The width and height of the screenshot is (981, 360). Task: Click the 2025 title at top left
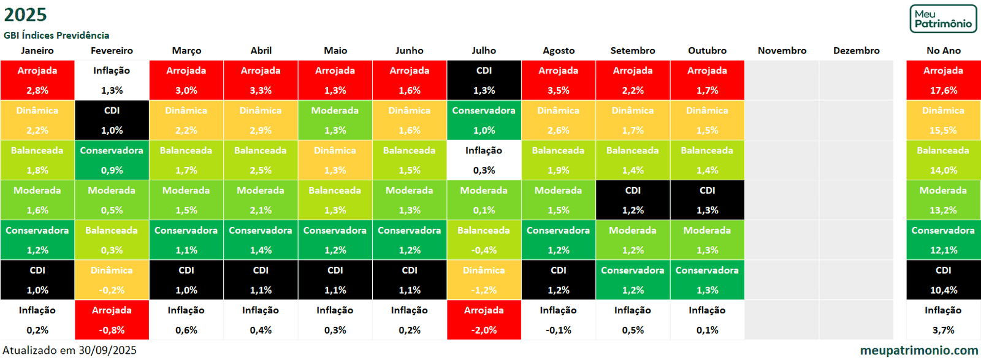[x=25, y=14]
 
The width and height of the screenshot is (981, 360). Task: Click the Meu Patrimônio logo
[x=943, y=19]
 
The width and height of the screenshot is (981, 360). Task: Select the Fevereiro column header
[x=112, y=50]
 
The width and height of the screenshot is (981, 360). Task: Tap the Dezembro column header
[x=856, y=50]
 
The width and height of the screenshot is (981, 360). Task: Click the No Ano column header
[x=943, y=50]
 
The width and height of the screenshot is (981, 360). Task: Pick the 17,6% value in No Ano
[x=943, y=90]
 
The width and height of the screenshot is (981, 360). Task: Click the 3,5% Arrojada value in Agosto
[x=558, y=90]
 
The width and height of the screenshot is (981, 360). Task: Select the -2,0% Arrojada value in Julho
[x=484, y=330]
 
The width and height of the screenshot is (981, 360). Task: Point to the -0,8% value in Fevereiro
[x=112, y=330]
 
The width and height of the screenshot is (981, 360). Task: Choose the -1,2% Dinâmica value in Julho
[x=484, y=290]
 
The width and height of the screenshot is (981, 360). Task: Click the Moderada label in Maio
[x=335, y=110]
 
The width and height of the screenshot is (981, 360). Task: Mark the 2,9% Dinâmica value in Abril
[x=261, y=130]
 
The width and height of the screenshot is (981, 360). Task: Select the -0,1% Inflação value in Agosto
[x=558, y=330]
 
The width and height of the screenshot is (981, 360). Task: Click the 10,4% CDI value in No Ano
[x=943, y=290]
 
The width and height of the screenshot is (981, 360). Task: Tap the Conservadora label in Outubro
[x=707, y=270]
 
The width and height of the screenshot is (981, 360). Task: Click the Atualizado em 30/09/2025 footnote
[x=69, y=350]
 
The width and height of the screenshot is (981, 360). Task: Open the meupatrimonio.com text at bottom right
[x=918, y=350]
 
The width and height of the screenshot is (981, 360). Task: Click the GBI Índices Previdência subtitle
[x=56, y=35]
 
